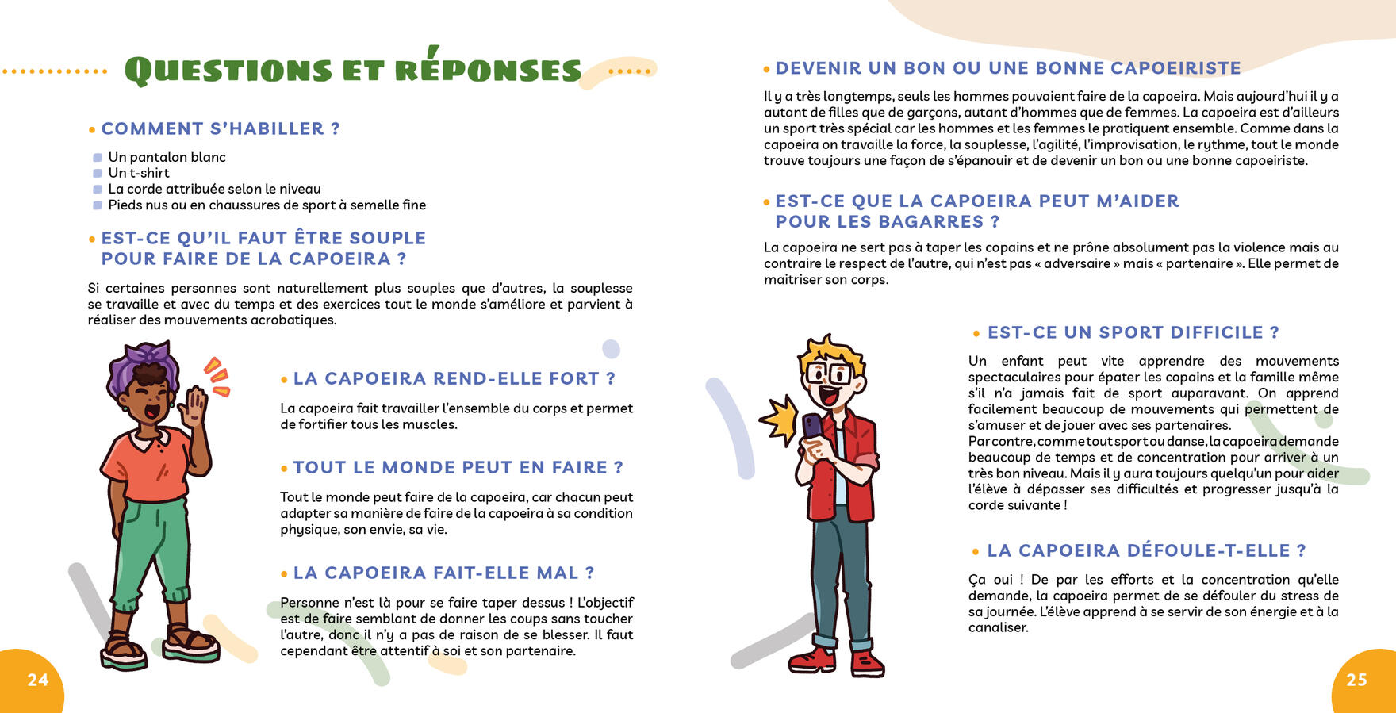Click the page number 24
pyautogui.click(x=37, y=680)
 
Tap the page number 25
pyautogui.click(x=1356, y=680)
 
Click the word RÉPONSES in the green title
pyautogui.click(x=488, y=71)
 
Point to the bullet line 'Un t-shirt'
pyautogui.click(x=139, y=173)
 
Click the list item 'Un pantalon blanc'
pyautogui.click(x=167, y=157)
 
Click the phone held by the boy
pyautogui.click(x=812, y=428)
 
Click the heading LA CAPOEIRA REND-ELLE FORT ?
pyautogui.click(x=454, y=379)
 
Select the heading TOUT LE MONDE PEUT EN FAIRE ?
pyautogui.click(x=458, y=468)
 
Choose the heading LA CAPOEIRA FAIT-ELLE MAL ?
pyautogui.click(x=443, y=573)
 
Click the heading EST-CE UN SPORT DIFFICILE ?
pyautogui.click(x=1133, y=333)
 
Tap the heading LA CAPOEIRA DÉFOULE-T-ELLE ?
pyautogui.click(x=1146, y=551)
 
